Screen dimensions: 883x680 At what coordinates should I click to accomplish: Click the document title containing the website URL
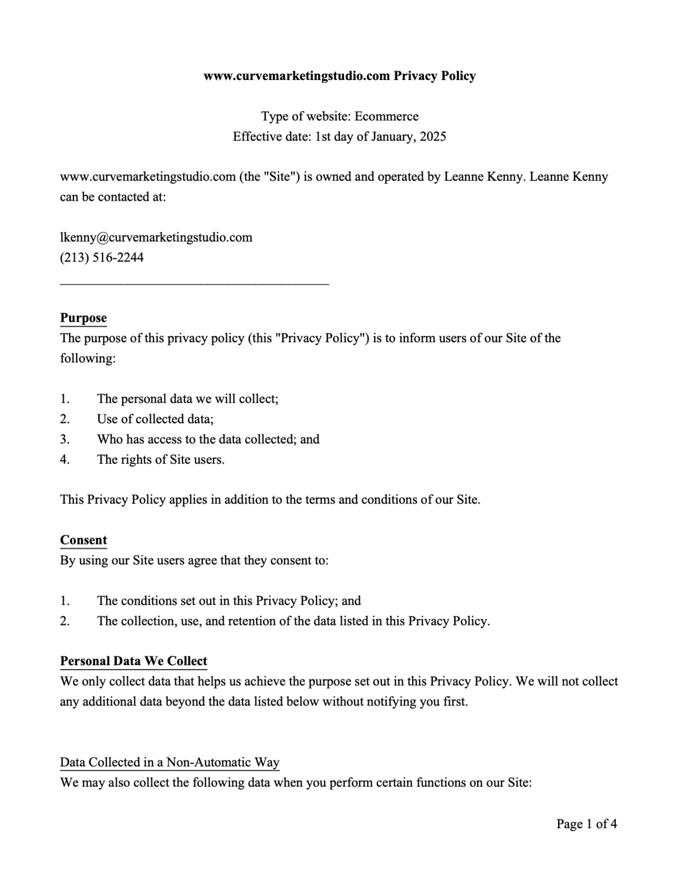339,76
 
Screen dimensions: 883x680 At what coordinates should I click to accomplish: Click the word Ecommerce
386,116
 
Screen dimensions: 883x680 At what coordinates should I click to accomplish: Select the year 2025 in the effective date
433,137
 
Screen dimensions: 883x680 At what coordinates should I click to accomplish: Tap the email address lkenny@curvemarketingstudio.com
156,237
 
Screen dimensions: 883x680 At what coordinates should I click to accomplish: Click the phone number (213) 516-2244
102,257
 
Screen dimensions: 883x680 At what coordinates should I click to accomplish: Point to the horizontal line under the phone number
194,282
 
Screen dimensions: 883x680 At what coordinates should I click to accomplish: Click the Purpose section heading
83,318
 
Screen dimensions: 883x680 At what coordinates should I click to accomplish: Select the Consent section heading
83,540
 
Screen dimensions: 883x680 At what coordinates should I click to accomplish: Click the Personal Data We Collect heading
134,661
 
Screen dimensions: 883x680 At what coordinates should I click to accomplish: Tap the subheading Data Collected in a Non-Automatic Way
170,762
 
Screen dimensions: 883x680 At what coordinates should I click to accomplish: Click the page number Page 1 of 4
586,823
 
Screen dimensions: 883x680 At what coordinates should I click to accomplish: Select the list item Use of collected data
155,419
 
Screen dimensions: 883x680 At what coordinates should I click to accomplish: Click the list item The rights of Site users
161,459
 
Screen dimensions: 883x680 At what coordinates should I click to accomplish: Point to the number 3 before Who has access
65,440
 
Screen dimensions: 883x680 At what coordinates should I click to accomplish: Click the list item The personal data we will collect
188,399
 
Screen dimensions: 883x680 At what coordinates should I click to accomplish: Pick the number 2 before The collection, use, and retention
65,621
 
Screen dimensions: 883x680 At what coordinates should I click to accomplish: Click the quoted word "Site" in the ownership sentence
281,177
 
